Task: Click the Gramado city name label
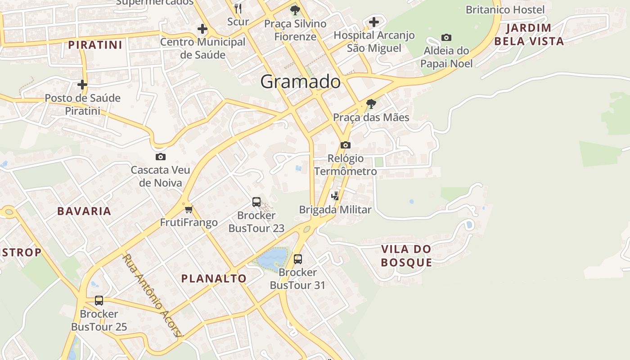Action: click(x=300, y=82)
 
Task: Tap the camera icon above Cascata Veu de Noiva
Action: click(x=161, y=157)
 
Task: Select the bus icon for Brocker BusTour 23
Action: click(x=256, y=202)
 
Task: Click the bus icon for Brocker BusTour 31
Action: click(x=298, y=259)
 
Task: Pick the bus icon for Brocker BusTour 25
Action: click(x=99, y=300)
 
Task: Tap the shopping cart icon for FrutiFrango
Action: click(x=189, y=209)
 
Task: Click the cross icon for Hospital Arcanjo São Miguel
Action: click(x=374, y=22)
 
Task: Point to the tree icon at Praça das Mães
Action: click(x=371, y=104)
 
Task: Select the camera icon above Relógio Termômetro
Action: click(x=346, y=145)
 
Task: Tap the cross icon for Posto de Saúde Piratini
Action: click(x=82, y=84)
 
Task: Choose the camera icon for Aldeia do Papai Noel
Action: click(x=446, y=37)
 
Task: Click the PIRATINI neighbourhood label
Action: click(x=95, y=45)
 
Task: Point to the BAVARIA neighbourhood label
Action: click(x=84, y=211)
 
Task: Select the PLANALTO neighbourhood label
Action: click(x=214, y=279)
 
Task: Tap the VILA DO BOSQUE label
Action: click(x=406, y=256)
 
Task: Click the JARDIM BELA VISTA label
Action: click(x=529, y=35)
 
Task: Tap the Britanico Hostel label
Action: click(x=505, y=9)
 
